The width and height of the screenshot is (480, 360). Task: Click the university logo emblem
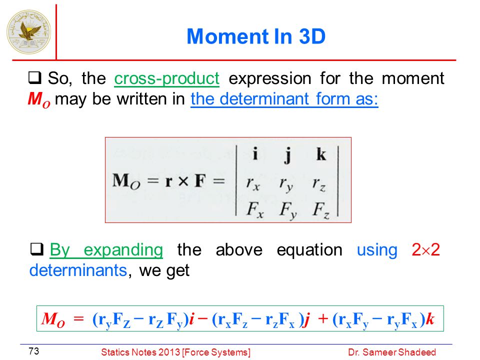29,32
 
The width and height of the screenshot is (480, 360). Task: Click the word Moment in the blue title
228,36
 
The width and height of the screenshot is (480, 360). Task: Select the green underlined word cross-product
167,78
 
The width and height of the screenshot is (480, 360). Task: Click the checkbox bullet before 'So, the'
34,77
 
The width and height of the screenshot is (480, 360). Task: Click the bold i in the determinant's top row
255,153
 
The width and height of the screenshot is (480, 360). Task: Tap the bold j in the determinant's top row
287,155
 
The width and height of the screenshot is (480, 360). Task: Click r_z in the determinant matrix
319,184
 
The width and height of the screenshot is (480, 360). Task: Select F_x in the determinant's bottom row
255,210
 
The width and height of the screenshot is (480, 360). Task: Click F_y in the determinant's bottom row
288,211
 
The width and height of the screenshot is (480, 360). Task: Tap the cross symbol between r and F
183,181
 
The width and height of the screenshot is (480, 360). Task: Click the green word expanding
123,250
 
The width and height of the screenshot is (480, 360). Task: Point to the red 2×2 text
425,250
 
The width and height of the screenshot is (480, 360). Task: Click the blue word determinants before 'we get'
78,270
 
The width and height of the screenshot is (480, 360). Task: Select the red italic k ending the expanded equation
430,319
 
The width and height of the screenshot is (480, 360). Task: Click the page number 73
33,351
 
